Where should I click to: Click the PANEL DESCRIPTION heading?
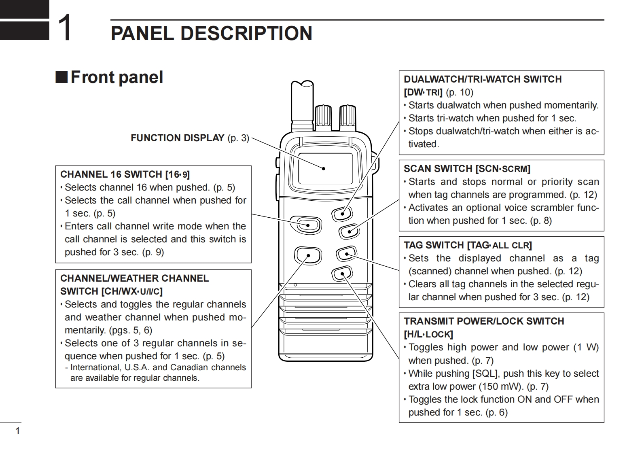(x=211, y=34)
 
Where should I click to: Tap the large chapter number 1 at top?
(x=65, y=28)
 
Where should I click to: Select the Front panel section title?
(x=117, y=77)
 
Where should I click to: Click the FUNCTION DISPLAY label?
(x=177, y=138)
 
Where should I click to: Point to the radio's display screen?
(x=325, y=169)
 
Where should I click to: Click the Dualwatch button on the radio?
(x=342, y=213)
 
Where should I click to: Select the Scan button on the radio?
(x=348, y=231)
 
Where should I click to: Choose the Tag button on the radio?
(x=346, y=254)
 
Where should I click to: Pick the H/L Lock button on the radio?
(x=342, y=274)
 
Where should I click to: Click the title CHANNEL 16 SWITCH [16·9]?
(x=125, y=174)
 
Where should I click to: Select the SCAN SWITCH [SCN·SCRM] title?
(x=467, y=169)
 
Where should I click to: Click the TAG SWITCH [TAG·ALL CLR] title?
(x=468, y=245)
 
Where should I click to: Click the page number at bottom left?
(x=17, y=431)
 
